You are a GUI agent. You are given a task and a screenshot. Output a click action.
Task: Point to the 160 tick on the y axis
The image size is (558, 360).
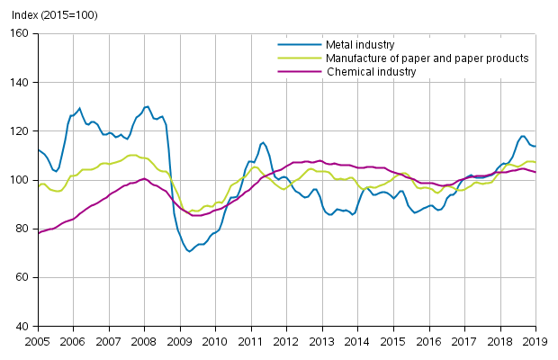(20, 33)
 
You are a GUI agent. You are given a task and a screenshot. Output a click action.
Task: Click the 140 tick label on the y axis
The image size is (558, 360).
(20, 82)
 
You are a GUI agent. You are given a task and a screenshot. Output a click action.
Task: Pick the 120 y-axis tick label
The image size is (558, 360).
(20, 131)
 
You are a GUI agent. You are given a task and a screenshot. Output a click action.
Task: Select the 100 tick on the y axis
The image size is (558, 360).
(20, 180)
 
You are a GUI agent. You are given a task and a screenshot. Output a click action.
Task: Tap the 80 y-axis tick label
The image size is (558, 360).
(22, 229)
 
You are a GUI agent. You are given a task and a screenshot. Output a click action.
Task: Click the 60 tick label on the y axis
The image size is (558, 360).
(22, 277)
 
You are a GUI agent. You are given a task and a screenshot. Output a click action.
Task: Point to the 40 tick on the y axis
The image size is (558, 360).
(22, 326)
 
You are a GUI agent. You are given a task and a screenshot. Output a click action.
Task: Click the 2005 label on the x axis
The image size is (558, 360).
(37, 342)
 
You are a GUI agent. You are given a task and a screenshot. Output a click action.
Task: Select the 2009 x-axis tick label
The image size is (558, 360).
(179, 342)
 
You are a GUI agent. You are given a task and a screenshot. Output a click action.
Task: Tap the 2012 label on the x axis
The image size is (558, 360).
(286, 342)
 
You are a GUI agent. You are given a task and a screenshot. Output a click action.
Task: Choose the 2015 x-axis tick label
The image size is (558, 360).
(393, 342)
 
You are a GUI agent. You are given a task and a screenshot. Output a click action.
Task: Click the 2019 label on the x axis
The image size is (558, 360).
(535, 342)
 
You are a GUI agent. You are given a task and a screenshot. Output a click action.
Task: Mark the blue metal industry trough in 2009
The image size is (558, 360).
(189, 251)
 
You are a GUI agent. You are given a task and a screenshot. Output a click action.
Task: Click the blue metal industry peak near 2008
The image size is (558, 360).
(147, 106)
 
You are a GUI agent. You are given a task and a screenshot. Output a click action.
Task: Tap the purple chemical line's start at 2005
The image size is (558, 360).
(39, 233)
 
